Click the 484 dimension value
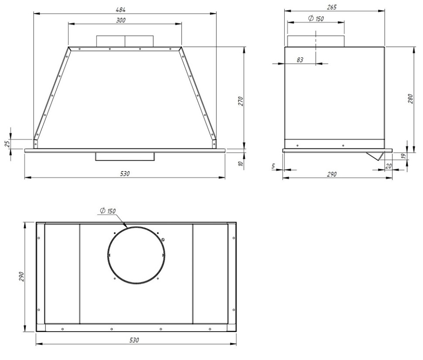pos(121,10)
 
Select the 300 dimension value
pos(121,20)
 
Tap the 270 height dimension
pos(241,101)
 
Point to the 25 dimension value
pos(8,143)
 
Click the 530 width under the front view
pos(125,174)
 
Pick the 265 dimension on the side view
pos(331,7)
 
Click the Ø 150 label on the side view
pos(316,19)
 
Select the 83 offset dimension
pos(300,60)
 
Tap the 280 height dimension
pos(410,99)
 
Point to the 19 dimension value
pos(403,156)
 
